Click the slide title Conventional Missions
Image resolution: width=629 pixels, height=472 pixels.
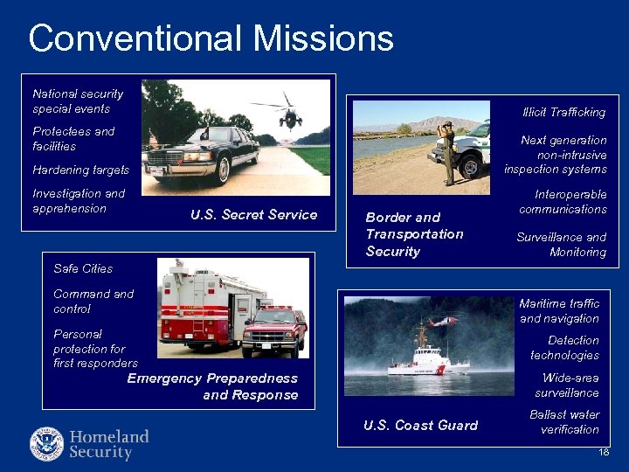(211, 38)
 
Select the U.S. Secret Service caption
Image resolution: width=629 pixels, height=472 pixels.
(253, 215)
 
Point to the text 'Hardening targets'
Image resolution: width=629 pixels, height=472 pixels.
(80, 170)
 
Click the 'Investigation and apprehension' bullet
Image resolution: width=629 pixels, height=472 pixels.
(79, 201)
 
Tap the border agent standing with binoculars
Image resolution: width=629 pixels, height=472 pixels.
(448, 153)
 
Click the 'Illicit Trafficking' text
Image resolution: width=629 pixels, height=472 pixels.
(563, 112)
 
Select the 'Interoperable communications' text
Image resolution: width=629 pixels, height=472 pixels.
(563, 202)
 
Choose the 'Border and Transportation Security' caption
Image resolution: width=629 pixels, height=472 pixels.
(414, 234)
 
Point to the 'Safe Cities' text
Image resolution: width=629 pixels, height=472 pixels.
(83, 268)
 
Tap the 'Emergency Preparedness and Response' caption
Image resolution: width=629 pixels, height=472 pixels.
(213, 386)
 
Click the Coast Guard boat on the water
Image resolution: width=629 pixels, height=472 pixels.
(427, 358)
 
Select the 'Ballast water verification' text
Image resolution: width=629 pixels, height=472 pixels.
(564, 422)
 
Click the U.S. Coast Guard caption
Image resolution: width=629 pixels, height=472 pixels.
(420, 426)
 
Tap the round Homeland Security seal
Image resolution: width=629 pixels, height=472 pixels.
(46, 444)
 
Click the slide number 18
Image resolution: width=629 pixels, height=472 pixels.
(604, 451)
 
